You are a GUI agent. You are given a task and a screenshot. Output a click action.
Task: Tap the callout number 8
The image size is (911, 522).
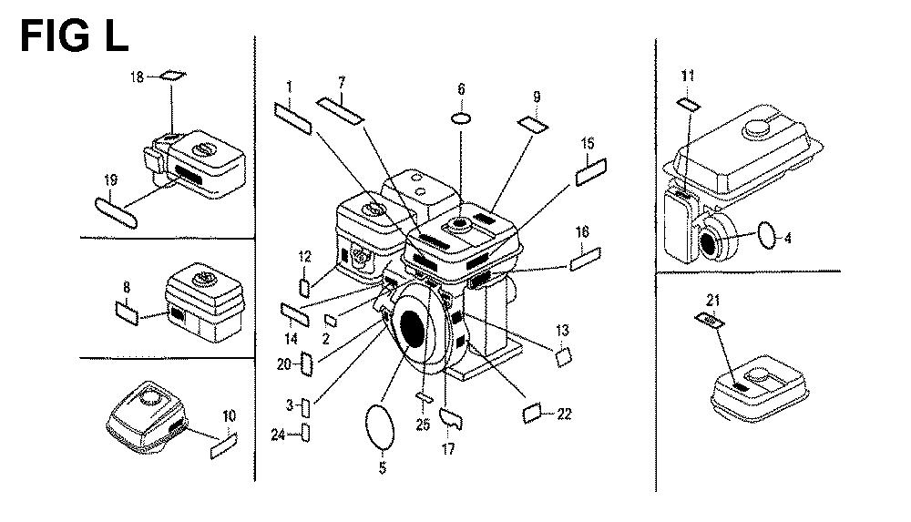pyautogui.click(x=127, y=288)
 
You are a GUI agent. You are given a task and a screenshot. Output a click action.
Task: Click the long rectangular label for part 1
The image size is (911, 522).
pyautogui.click(x=293, y=119)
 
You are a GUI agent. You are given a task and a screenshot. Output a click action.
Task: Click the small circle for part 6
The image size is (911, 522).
pyautogui.click(x=462, y=118)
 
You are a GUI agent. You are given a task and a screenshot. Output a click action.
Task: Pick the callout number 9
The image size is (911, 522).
pyautogui.click(x=536, y=97)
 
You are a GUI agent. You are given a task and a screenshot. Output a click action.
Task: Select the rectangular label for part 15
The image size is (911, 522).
pyautogui.click(x=591, y=172)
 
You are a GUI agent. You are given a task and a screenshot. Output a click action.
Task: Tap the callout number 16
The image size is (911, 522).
pyautogui.click(x=581, y=234)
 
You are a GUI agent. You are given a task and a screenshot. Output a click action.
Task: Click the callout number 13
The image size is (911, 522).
pyautogui.click(x=562, y=329)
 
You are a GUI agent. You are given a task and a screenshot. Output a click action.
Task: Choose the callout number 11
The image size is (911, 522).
pyautogui.click(x=687, y=76)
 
